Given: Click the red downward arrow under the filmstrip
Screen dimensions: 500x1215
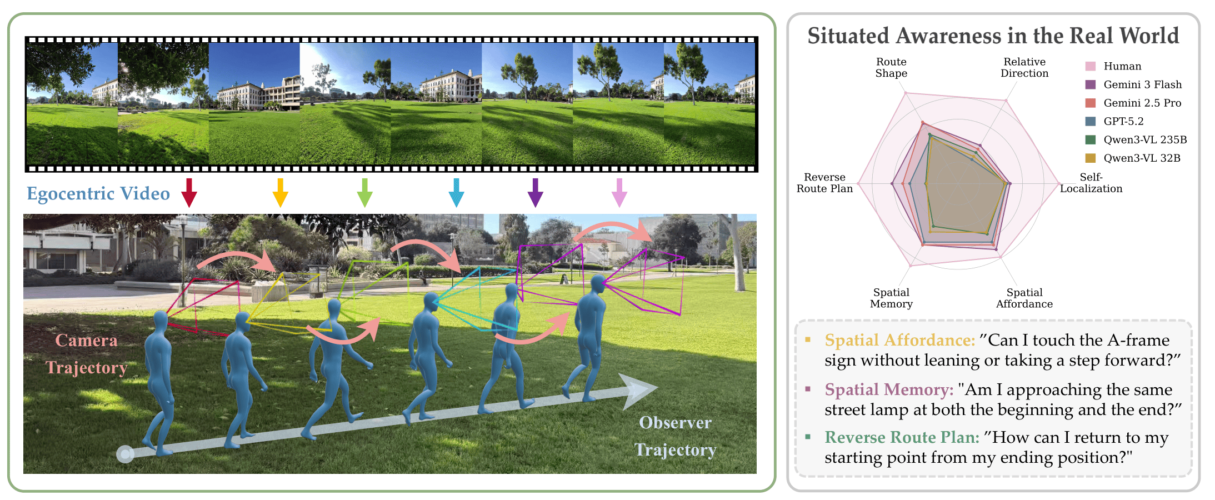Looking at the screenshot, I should pyautogui.click(x=189, y=192).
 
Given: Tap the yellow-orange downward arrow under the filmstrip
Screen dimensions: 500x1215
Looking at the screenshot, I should pyautogui.click(x=280, y=192).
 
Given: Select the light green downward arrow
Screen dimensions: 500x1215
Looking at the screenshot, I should pyautogui.click(x=364, y=192).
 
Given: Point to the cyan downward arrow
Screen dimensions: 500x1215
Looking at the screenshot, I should pyautogui.click(x=456, y=192).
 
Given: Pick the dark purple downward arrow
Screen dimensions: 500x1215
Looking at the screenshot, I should pyautogui.click(x=535, y=192).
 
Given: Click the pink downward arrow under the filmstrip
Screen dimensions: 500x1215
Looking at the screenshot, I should pyautogui.click(x=619, y=192).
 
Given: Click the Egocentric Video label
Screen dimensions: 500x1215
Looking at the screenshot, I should pyautogui.click(x=98, y=193).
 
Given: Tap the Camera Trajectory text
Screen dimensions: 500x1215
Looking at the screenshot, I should pyautogui.click(x=87, y=354).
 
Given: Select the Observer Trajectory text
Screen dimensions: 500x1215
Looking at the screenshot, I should pyautogui.click(x=675, y=436).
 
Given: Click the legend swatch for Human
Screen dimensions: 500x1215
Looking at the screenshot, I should pyautogui.click(x=1090, y=66).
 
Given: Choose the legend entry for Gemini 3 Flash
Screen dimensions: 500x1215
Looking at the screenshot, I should pyautogui.click(x=1142, y=84).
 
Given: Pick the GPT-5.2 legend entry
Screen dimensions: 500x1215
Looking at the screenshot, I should pyautogui.click(x=1123, y=121).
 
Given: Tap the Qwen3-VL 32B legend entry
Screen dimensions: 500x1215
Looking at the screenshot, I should pyautogui.click(x=1142, y=158).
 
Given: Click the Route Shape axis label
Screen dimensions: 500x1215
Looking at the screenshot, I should pyautogui.click(x=891, y=67).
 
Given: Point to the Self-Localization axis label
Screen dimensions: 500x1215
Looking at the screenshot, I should pyautogui.click(x=1091, y=183).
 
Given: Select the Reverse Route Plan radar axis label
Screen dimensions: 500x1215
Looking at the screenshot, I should pyautogui.click(x=824, y=183).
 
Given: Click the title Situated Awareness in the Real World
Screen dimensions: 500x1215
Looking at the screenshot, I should pyautogui.click(x=993, y=36).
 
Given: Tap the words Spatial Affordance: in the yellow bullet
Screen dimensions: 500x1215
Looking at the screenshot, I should pyautogui.click(x=899, y=340).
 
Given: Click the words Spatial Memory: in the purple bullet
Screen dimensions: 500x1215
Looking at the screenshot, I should pyautogui.click(x=889, y=389).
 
